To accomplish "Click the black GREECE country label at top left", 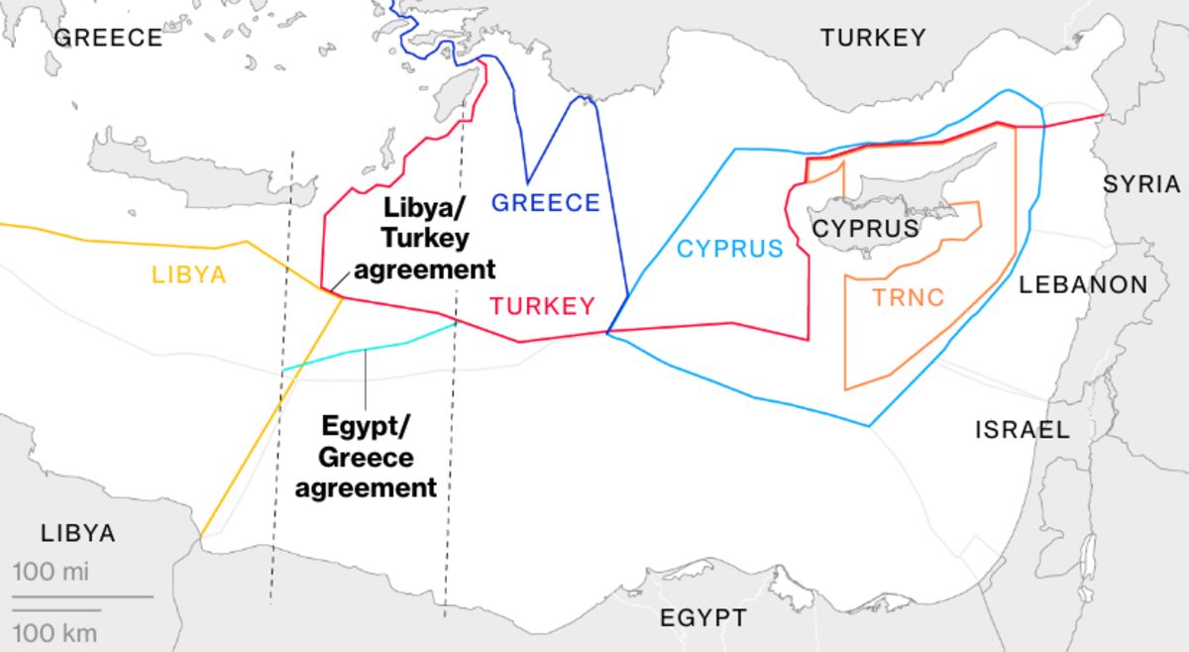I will pos(108,38).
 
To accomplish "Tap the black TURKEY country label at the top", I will pos(873,38).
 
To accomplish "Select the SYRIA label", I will pos(1141,183).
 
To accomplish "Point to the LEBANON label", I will pos(1083,285).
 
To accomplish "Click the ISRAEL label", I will pos(1023,430).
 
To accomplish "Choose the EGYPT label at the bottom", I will pos(703,618).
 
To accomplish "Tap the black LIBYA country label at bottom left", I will pos(78,533).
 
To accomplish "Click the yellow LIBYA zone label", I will pos(188,274).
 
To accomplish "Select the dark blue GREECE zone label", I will pos(546,203).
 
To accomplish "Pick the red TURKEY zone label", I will pos(543,306).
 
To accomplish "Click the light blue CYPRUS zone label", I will pos(730,248).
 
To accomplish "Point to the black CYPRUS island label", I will pos(865,228).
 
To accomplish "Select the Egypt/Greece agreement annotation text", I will pos(367,457).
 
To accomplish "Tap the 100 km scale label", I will pos(55,633).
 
